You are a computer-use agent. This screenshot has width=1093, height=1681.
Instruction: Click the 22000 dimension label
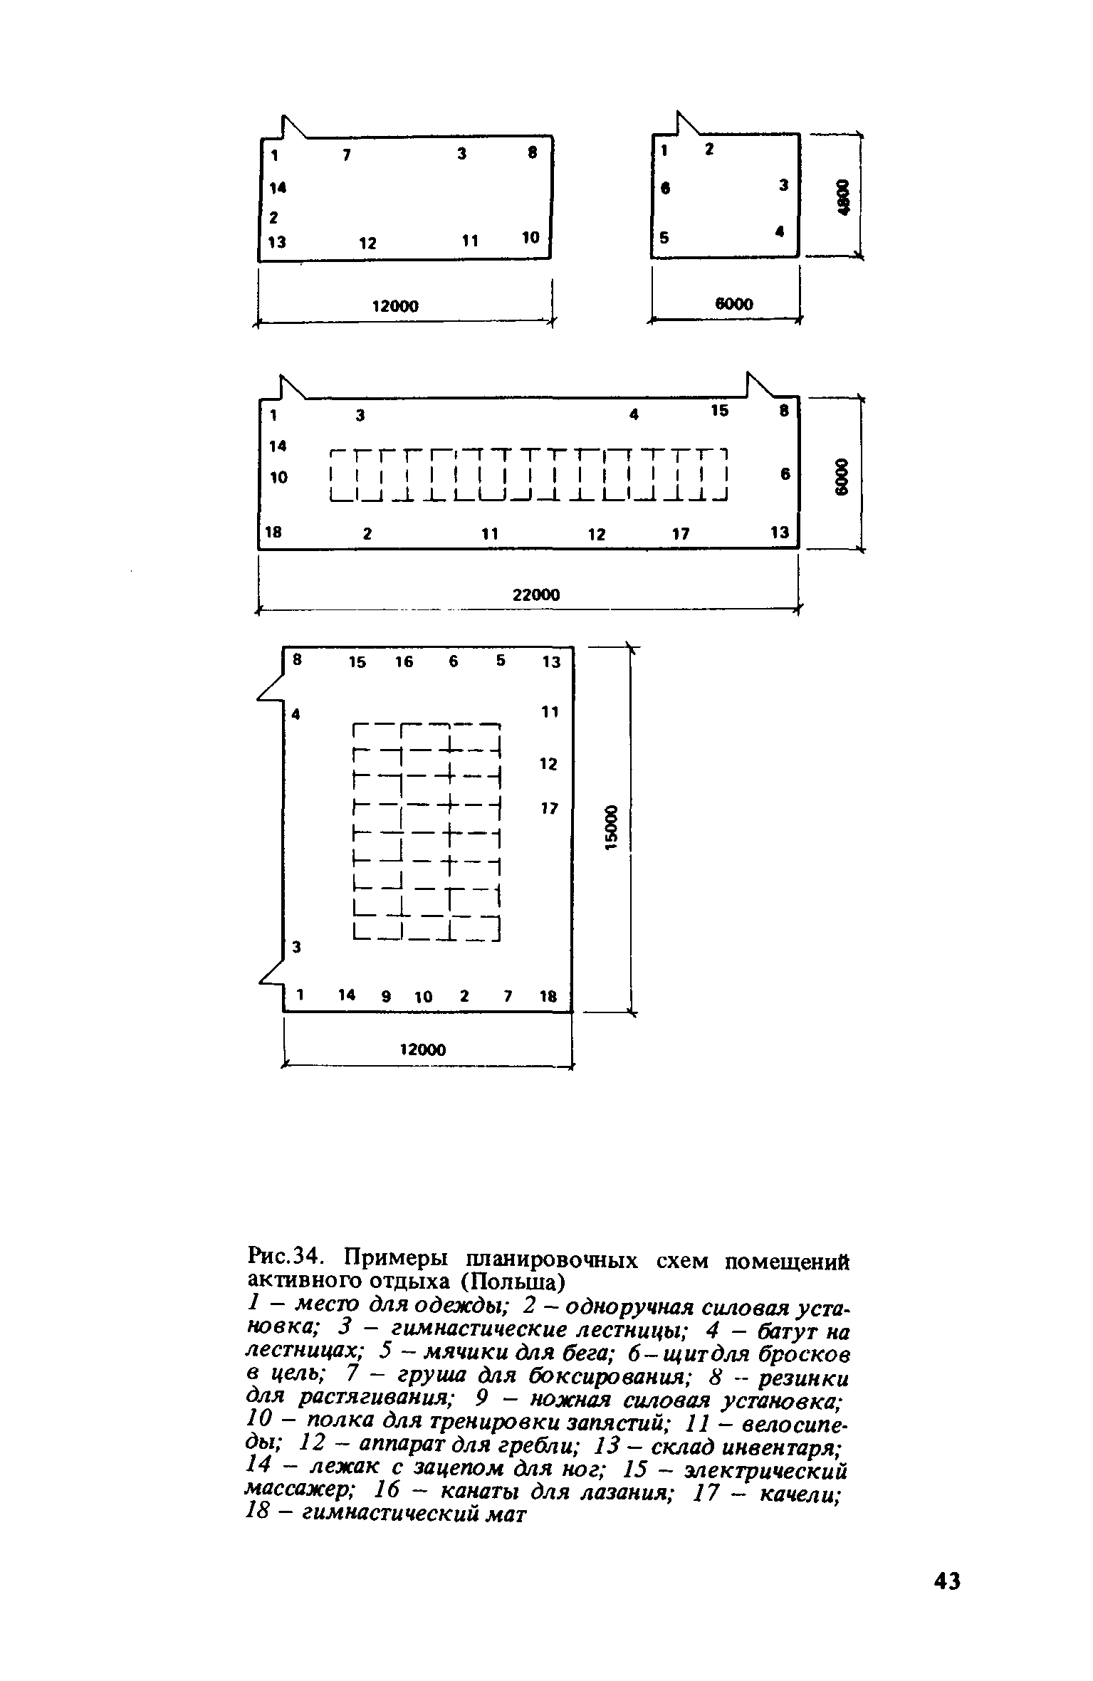click(x=536, y=595)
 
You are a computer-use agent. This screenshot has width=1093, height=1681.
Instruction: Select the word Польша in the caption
click(x=511, y=1283)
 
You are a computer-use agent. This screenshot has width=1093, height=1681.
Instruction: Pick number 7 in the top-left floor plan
click(x=346, y=155)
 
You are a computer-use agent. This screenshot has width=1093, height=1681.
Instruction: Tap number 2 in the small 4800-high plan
click(x=709, y=150)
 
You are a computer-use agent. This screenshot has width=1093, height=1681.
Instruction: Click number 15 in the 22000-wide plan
click(x=720, y=411)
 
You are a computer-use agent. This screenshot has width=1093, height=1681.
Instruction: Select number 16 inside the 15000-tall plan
click(x=404, y=662)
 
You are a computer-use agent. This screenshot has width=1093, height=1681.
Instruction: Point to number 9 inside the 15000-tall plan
click(x=386, y=997)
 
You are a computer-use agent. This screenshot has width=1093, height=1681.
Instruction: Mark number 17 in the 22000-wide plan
click(x=681, y=533)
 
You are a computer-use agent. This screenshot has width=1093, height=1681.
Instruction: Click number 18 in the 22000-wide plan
click(x=273, y=532)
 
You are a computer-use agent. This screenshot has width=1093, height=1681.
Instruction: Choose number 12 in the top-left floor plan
click(x=367, y=243)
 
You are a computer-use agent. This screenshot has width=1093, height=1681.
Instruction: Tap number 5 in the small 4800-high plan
click(x=664, y=239)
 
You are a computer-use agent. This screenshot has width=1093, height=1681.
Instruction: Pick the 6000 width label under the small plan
click(x=733, y=304)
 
